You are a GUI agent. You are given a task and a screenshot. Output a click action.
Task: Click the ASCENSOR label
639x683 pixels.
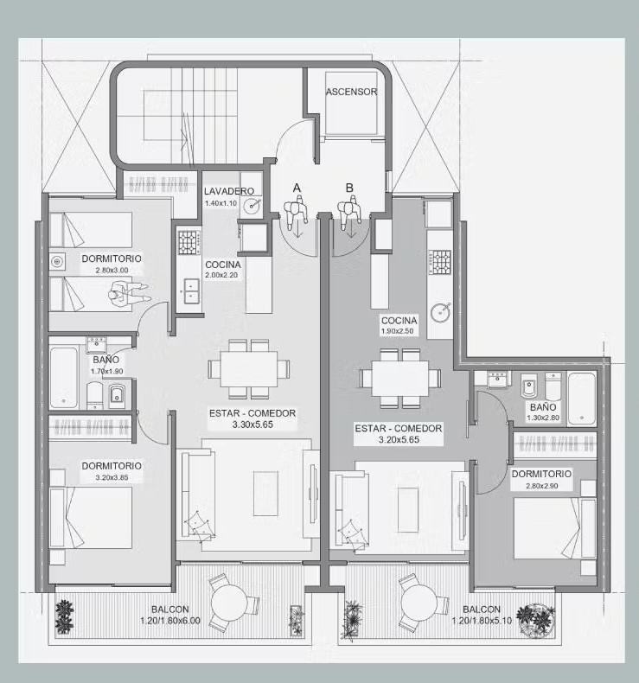coord(352,92)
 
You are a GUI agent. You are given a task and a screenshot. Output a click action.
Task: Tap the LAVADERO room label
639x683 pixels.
coord(229,191)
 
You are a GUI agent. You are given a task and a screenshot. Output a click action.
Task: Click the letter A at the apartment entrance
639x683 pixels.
coord(297,188)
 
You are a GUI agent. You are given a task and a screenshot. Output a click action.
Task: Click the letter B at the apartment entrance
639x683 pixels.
coord(349,188)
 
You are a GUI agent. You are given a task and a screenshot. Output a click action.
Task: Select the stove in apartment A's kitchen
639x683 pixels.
coord(189,243)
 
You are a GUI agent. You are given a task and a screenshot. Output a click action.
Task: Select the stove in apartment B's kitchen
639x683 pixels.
coord(440,262)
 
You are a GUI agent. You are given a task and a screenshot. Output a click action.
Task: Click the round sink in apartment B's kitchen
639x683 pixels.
coord(441,312)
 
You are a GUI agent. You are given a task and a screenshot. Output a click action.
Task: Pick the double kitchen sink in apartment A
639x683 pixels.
coord(191,291)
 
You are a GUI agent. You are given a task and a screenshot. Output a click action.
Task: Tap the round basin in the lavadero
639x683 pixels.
coord(252,205)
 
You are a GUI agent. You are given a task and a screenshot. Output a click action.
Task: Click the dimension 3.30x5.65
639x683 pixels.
coord(252,424)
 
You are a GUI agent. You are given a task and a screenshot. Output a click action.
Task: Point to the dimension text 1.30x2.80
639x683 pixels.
coord(543,418)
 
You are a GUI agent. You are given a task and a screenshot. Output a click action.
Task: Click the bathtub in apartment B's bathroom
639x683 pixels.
coord(582,399)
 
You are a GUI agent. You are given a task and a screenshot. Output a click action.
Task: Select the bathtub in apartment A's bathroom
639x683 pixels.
coord(64,377)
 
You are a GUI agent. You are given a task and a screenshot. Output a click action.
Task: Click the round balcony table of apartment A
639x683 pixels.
coord(229,603)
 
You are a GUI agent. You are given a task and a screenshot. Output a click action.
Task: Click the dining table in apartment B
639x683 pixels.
coord(400,378)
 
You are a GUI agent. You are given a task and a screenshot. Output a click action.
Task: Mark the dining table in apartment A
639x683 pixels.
coord(249,369)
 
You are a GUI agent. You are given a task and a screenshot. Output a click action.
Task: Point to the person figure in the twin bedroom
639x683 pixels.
coord(129,293)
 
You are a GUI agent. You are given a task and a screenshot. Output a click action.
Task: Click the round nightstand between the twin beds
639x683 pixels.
coord(57,262)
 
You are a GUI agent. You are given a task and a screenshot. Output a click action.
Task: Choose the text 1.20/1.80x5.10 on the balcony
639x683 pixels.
coord(482,620)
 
